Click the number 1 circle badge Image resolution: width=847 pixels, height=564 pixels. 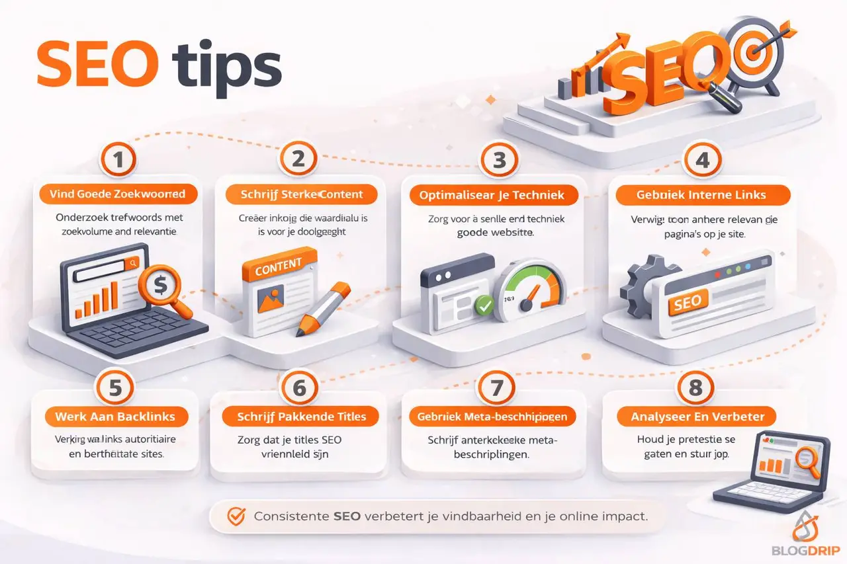[x=119, y=160]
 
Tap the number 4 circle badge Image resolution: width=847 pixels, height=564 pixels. [x=702, y=160]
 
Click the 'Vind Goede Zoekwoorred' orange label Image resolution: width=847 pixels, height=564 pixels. [x=116, y=194]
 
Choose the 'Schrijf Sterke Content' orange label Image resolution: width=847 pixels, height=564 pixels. [x=301, y=194]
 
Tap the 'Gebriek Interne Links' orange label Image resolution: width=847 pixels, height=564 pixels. [x=703, y=195]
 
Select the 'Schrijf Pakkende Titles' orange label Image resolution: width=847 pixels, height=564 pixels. [x=300, y=417]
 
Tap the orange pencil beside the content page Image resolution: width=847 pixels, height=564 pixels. [x=322, y=307]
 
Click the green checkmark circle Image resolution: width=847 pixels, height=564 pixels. [x=484, y=305]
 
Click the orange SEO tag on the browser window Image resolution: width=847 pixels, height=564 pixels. [x=687, y=303]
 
